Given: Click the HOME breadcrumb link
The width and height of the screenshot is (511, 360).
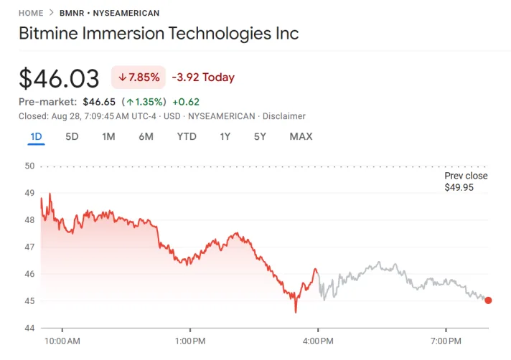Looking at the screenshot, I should coord(31,13).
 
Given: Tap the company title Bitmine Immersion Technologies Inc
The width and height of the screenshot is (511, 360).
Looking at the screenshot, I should coord(158,34).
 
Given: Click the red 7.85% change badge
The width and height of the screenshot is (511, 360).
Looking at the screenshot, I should coord(139,77).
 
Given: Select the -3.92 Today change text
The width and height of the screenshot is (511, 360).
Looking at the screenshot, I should coord(203,77).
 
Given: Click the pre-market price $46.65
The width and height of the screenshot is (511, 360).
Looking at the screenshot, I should coord(99,102).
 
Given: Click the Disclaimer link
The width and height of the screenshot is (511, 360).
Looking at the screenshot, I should coord(284,116).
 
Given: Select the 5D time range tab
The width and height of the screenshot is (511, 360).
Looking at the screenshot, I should coord(72,136).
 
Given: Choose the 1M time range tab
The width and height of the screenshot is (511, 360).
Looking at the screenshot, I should coord(108,136).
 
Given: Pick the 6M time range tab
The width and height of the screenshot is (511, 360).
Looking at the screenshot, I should coord(146,136).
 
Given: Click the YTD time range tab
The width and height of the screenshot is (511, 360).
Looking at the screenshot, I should coord(187,136).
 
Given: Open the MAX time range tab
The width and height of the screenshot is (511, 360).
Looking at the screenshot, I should coord(301,136).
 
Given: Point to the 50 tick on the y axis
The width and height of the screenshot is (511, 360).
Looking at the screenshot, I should coord(30,166).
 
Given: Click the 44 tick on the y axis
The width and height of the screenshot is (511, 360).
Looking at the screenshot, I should coord(30,328).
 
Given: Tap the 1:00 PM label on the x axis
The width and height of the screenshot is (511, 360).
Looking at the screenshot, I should coord(190,341).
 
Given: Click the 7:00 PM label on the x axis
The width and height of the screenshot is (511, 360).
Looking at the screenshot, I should coord(446,341).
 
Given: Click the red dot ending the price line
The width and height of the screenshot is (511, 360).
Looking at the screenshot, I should coord(488,300).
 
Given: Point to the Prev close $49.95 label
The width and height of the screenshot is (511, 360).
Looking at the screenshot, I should coord(466,181).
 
